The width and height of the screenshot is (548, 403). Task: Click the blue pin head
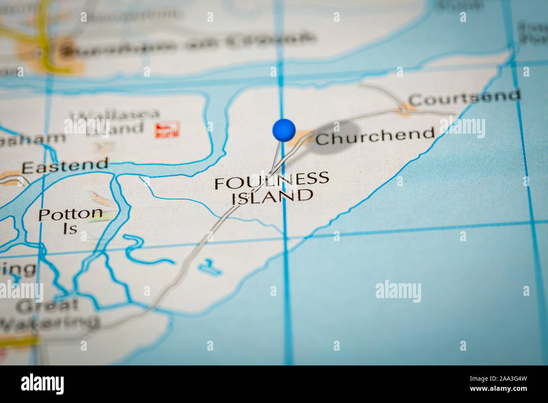pyautogui.click(x=284, y=130)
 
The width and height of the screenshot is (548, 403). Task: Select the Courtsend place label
pyautogui.click(x=464, y=98)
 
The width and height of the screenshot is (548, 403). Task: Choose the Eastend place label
pyautogui.click(x=65, y=166)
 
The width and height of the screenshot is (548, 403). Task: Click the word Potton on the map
pyautogui.click(x=70, y=214)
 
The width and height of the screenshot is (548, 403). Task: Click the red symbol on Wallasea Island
pyautogui.click(x=167, y=130)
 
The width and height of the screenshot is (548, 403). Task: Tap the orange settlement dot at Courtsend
pyautogui.click(x=404, y=108)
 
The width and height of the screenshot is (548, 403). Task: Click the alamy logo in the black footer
pyautogui.click(x=42, y=384)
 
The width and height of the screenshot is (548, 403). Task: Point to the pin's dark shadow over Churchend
pyautogui.click(x=335, y=137)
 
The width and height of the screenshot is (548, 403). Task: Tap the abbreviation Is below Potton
pyautogui.click(x=70, y=229)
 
